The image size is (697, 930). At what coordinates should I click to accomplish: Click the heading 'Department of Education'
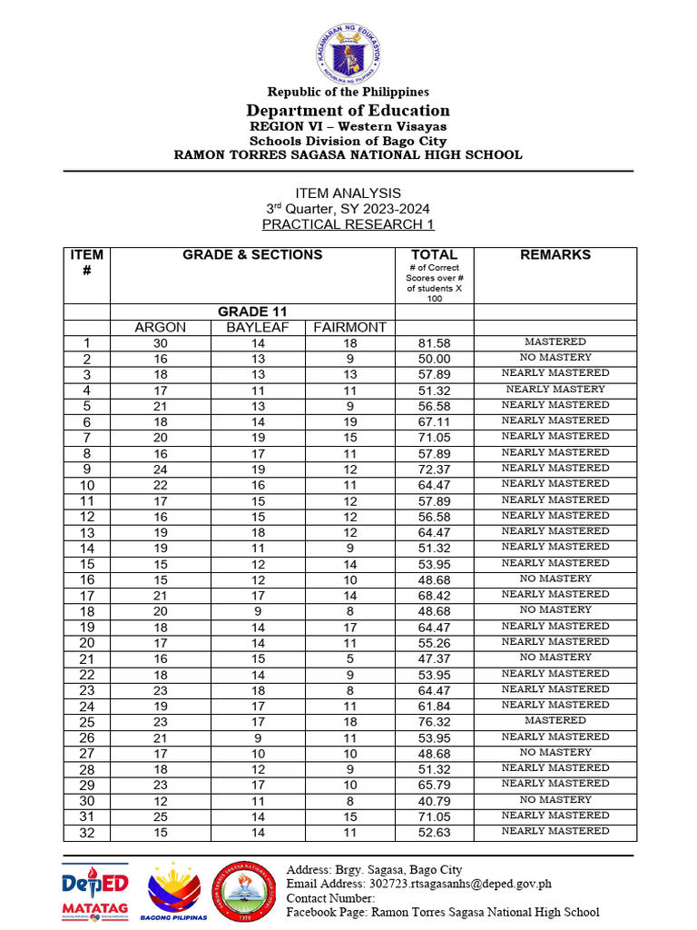pos(348,111)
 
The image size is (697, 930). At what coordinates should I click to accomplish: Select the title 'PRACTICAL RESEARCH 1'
pos(348,224)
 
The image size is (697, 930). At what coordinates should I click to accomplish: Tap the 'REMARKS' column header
pos(555,255)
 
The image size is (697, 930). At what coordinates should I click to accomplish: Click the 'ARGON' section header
pos(161,327)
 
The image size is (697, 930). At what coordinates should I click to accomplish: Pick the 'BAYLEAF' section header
pos(258,327)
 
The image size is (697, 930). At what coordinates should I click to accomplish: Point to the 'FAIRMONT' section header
pos(350,327)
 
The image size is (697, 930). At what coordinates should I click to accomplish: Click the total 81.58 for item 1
pos(434,343)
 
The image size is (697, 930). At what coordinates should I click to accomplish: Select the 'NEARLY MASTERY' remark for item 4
pos(555,389)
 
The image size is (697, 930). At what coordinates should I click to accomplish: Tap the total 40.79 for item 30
pos(434,800)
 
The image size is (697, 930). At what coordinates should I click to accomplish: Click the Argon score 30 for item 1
pos(161,343)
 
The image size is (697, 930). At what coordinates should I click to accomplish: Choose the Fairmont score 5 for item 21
pos(350,658)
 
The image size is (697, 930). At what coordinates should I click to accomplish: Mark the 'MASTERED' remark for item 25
pos(555,720)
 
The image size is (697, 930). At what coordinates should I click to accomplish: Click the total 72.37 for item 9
pos(434,469)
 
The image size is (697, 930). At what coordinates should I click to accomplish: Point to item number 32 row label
pos(87,832)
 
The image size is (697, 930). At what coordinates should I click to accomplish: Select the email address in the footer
pos(418,884)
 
